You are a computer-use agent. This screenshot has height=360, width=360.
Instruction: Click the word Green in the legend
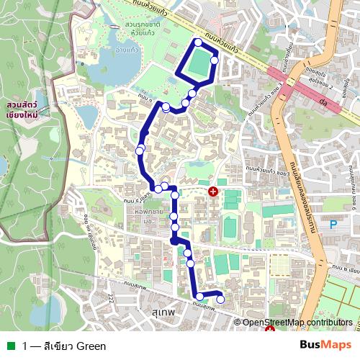pyautogui.click(x=91, y=346)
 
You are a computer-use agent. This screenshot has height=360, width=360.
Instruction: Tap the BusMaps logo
pyautogui.click(x=326, y=346)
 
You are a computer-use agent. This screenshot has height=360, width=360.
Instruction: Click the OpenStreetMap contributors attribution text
pyautogui.click(x=297, y=323)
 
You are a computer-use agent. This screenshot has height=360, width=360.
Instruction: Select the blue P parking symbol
pyautogui.click(x=333, y=225)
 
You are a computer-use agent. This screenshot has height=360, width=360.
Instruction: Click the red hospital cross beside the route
pyautogui.click(x=213, y=191)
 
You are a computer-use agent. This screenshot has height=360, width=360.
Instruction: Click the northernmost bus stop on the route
pyautogui.click(x=198, y=42)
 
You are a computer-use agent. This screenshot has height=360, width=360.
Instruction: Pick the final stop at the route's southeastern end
pyautogui.click(x=220, y=300)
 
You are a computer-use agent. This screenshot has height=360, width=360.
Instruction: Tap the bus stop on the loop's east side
pyautogui.click(x=214, y=60)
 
